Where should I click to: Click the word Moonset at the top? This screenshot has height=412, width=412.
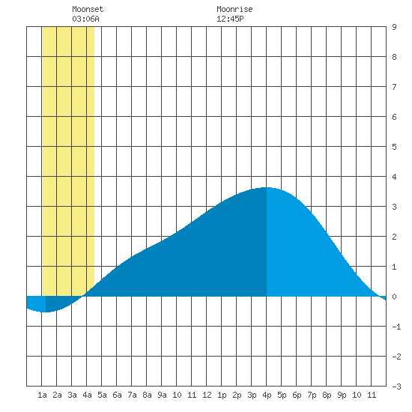88,9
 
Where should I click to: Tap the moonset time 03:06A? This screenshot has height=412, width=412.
85,19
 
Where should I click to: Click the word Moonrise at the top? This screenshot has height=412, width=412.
234,9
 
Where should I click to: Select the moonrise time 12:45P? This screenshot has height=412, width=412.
230,19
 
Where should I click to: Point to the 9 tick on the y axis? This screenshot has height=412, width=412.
394,27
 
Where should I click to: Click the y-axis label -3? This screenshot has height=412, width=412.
396,387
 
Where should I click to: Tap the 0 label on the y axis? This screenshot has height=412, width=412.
394,297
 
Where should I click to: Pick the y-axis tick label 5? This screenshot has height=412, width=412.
394,147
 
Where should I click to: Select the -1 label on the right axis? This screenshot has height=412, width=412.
396,327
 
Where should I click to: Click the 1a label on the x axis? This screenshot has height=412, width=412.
42,395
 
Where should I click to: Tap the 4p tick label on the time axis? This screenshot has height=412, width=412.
267,395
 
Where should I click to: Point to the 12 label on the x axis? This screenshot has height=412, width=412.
207,395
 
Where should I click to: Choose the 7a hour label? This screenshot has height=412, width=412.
132,395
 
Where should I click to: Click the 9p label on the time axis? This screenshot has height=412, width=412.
342,395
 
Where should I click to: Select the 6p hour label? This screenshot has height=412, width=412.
297,395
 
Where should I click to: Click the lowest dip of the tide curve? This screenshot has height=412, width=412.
46,312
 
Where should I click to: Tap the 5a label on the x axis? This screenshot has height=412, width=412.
102,395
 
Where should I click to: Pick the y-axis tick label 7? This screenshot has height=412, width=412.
394,87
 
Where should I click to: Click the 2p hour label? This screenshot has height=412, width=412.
237,395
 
